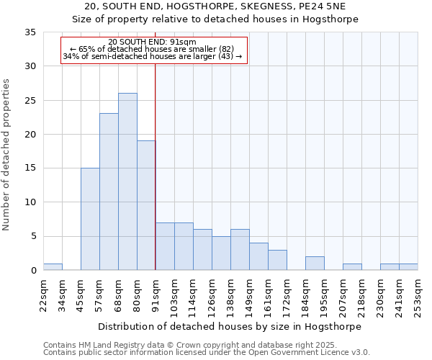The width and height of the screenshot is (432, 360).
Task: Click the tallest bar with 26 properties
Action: [127, 181]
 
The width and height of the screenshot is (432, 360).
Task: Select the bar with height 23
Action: [109, 192]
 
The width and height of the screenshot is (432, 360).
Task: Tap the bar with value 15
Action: [90, 219]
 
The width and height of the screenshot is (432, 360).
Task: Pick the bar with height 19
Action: [146, 205]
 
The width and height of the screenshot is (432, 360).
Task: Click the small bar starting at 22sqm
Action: [53, 267]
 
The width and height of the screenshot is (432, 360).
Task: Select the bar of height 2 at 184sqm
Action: [315, 264]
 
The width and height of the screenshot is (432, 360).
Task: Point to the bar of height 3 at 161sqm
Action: [277, 260]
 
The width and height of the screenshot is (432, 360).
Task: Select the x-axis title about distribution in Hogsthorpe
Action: [230, 326]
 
